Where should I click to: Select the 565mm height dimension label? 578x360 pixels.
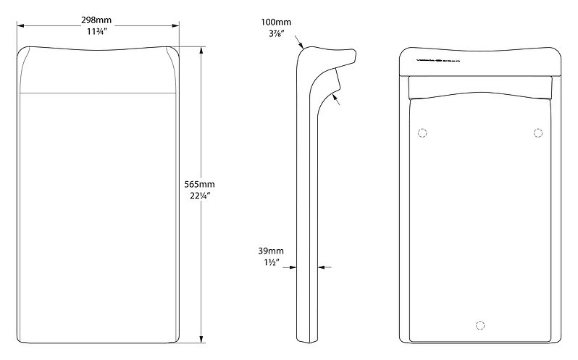pos(199,184)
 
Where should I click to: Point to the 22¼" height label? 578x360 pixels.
pos(199,196)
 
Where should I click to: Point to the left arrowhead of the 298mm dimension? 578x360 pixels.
pos(20,26)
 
